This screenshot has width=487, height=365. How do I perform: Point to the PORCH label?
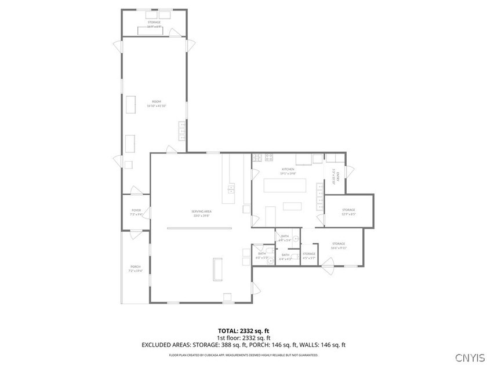(x=135, y=268)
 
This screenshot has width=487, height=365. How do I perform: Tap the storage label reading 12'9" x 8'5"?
(x=348, y=211)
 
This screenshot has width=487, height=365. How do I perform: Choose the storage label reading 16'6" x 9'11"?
(x=339, y=245)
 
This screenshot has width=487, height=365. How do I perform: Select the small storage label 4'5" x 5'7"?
(x=309, y=256)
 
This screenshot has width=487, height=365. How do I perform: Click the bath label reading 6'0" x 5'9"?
(x=262, y=255)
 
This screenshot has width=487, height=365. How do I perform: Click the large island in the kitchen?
(x=285, y=186)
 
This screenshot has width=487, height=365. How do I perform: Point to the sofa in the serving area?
(x=219, y=269)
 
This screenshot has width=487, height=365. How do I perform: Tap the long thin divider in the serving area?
(x=199, y=228)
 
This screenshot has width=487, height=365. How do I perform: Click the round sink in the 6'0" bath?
(x=270, y=261)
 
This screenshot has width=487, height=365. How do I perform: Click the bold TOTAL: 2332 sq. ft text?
(x=243, y=331)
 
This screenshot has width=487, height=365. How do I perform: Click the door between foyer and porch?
(x=135, y=233)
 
